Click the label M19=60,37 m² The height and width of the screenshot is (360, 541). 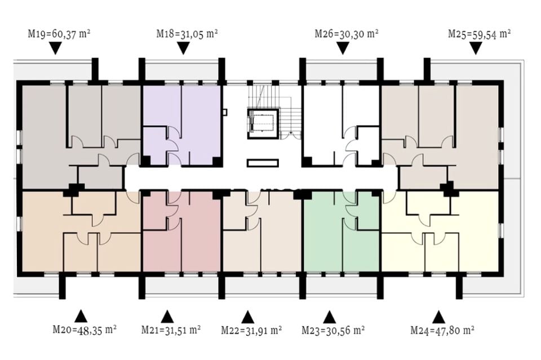(59, 34)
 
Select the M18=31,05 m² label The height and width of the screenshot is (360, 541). (187, 34)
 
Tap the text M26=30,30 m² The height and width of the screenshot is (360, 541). (347, 34)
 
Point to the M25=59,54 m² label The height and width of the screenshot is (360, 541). (479, 34)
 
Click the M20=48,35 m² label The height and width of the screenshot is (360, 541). (84, 330)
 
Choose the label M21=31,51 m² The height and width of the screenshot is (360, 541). (171, 330)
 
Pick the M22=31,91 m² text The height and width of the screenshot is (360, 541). (251, 330)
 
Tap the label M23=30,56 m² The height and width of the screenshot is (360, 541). (333, 330)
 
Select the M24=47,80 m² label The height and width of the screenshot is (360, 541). (442, 330)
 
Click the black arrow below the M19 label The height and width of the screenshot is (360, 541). (55, 48)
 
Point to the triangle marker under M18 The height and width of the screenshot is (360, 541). (183, 48)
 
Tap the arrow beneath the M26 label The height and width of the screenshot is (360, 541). (342, 48)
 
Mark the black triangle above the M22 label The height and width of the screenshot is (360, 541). (248, 317)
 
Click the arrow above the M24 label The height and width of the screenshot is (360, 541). (438, 317)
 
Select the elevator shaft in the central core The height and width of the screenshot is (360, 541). (263, 124)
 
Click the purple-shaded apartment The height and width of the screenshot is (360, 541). (181, 125)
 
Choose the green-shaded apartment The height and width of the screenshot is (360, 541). (342, 230)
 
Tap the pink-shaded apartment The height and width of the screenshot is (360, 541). (181, 230)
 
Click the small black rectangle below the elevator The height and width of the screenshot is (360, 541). (263, 163)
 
